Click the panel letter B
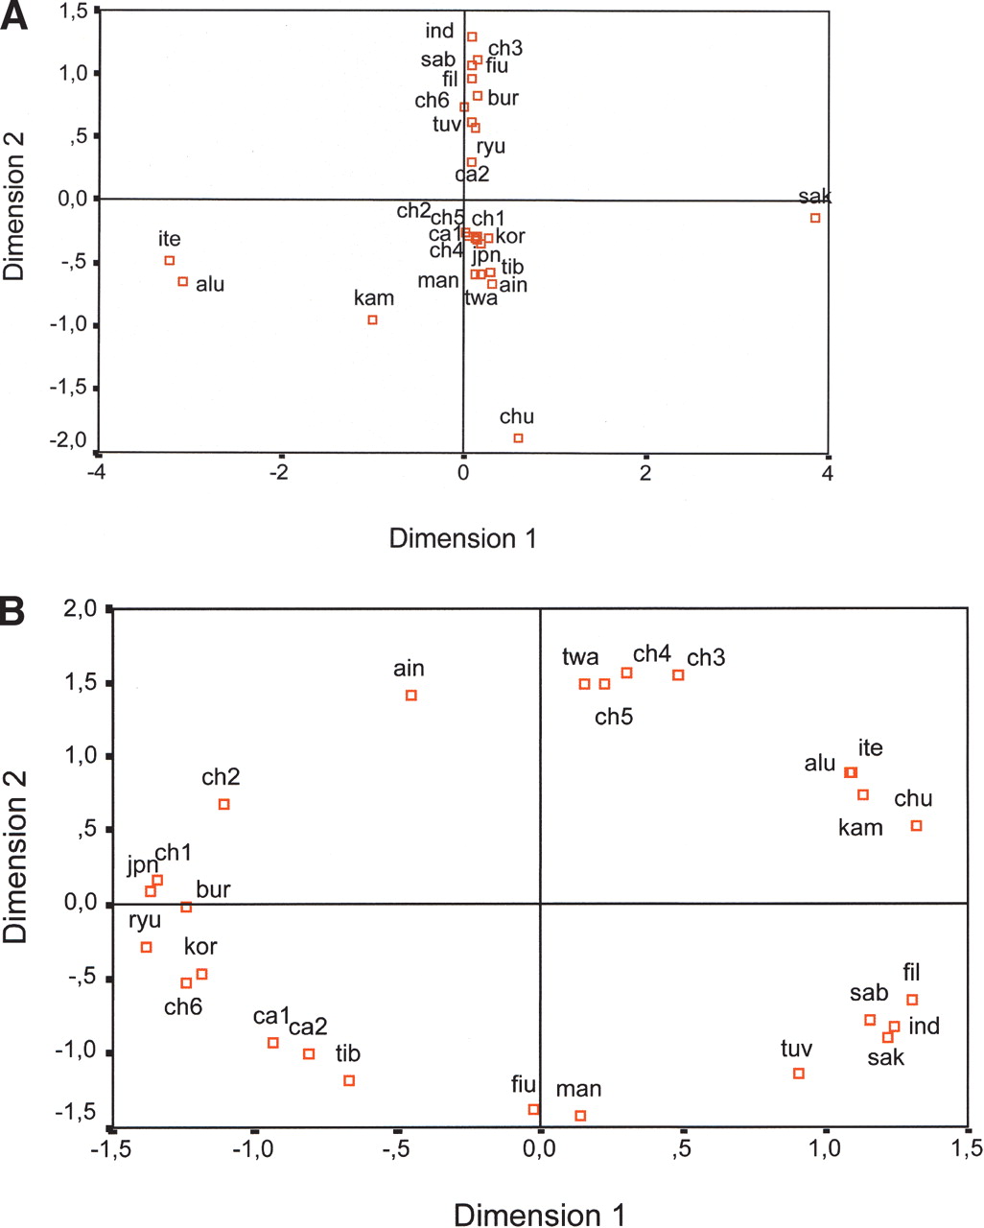[20, 610]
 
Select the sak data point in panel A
[815, 218]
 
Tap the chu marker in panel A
[518, 438]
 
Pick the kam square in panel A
[372, 319]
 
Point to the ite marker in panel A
[170, 261]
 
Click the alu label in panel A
[210, 284]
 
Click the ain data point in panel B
[411, 696]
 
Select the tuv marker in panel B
[798, 1074]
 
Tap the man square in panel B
[580, 1116]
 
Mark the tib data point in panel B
[349, 1080]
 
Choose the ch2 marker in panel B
[224, 804]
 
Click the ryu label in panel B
[145, 921]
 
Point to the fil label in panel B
[911, 974]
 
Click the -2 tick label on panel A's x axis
[279, 474]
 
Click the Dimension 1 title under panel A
[462, 538]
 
